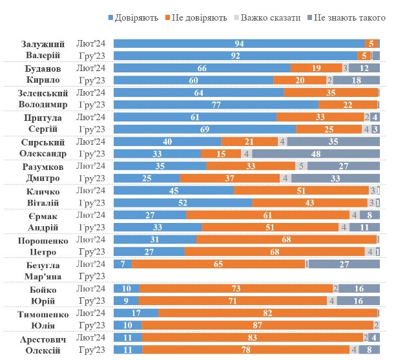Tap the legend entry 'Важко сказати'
269,17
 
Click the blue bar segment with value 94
238,43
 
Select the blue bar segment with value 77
216,105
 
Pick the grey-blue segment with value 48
316,154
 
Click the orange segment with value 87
257,325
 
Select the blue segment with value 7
123,264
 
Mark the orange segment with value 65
218,264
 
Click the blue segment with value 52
183,203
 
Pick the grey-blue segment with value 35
333,142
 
